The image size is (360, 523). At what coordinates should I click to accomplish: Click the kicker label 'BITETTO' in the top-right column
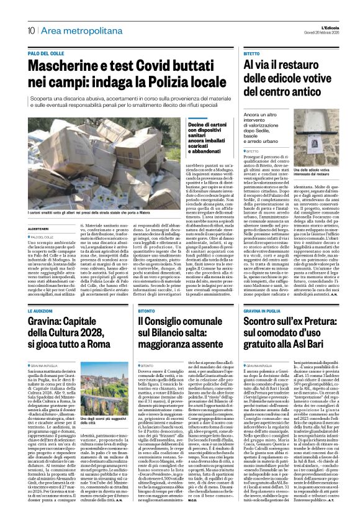tap(252, 55)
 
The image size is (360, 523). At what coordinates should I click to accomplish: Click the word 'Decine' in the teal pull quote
tap(182, 125)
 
